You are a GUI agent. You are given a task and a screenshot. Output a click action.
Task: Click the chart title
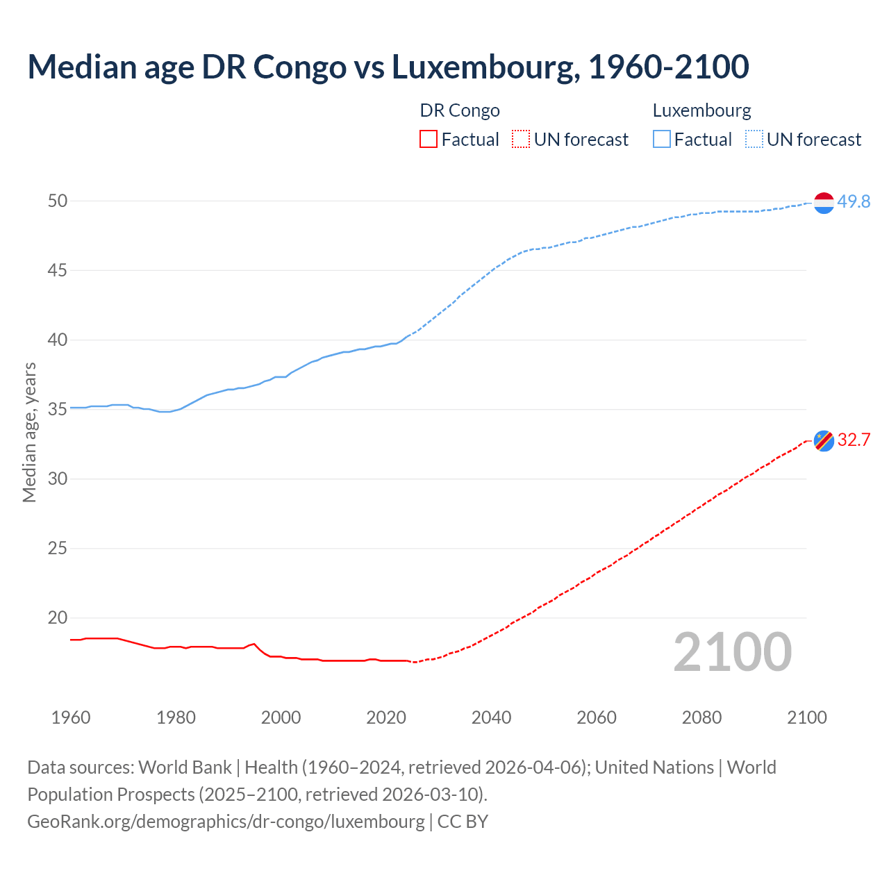point(388,67)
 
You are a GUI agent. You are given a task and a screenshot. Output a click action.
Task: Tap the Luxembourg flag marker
point(824,202)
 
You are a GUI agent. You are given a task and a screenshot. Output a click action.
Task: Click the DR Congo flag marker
point(824,440)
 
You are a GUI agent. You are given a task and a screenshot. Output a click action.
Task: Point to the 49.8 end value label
point(854,201)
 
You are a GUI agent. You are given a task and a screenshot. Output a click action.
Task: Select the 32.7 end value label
point(854,440)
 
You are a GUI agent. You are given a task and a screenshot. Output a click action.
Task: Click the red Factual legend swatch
point(429,139)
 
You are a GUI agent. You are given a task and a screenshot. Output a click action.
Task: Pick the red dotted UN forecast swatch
point(521,139)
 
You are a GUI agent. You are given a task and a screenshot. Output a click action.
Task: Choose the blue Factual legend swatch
point(661,139)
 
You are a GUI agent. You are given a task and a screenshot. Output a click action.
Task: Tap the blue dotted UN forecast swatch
point(754,139)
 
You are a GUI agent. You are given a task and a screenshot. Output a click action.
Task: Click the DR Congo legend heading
point(460,110)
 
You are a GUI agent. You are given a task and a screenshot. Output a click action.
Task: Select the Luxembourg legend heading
point(701,110)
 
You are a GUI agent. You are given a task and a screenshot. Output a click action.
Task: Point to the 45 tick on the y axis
point(58,270)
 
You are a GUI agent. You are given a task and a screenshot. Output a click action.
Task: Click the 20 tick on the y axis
point(58,617)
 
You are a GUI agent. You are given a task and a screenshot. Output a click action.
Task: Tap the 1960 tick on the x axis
point(71,717)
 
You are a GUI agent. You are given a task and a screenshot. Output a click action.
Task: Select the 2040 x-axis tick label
point(491,717)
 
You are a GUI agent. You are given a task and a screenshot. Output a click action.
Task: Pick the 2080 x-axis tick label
point(701,717)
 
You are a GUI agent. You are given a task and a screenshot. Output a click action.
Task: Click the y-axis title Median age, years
point(29,432)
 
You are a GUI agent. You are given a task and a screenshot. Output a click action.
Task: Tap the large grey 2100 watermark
point(733,652)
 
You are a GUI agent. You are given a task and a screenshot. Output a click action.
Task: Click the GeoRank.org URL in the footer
point(226,821)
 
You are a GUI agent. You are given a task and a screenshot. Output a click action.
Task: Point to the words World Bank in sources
point(185,767)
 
